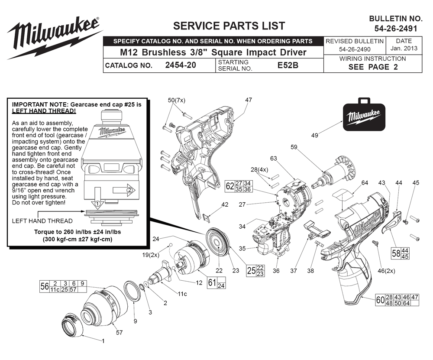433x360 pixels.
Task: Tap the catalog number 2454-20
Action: [181, 65]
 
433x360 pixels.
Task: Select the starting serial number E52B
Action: [288, 65]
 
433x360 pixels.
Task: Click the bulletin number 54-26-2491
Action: [396, 29]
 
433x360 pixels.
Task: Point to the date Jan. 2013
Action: [404, 49]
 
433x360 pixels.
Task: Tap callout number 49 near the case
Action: [314, 135]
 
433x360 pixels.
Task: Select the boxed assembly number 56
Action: [45, 286]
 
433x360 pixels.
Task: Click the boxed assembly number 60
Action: [381, 300]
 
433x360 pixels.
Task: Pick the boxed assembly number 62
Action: [230, 186]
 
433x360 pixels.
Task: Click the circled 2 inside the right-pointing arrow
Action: [129, 190]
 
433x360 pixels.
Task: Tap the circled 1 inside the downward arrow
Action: [97, 204]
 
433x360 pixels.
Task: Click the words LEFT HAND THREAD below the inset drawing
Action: [42, 221]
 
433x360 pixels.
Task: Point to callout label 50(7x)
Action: [177, 101]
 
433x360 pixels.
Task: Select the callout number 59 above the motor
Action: [294, 147]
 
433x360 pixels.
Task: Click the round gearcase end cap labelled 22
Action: [218, 240]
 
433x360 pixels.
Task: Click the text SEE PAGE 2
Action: [373, 67]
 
